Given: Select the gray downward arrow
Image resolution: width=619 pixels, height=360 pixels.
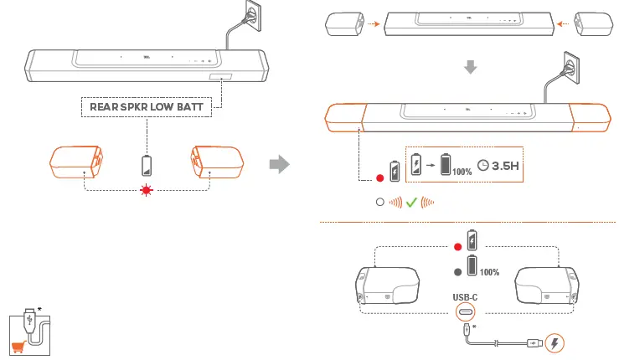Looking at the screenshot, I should pos(471,67).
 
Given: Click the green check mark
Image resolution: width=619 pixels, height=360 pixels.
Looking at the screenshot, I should pos(411,202).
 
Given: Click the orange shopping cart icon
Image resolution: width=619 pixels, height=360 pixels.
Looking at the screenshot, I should pos(16,347).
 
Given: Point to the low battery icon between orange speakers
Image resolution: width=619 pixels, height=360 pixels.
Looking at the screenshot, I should pos(147,163).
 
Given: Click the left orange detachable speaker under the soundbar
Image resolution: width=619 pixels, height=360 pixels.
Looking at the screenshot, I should pos(77,162).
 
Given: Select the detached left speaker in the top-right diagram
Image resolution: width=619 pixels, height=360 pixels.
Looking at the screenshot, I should pos(343,25).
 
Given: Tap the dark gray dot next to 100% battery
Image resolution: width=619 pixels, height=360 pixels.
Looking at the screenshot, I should pos(457,271).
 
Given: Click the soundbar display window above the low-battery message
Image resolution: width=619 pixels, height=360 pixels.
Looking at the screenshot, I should pos(221,79).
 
